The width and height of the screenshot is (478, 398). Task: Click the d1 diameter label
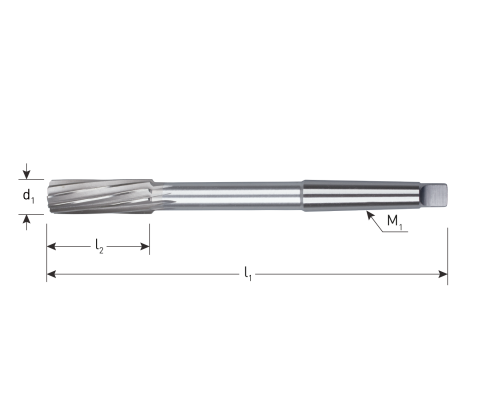click(28, 196)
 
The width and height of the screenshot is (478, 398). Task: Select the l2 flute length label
click(99, 247)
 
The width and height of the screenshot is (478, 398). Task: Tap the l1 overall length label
click(248, 274)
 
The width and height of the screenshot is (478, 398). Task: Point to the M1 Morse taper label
click(395, 221)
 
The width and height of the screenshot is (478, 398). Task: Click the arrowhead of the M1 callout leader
click(369, 214)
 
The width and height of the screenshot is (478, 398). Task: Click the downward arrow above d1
click(27, 171)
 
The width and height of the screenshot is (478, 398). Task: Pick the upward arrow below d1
click(27, 222)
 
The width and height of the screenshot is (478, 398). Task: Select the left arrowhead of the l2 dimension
click(51, 247)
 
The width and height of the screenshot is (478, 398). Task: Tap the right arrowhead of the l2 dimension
click(145, 247)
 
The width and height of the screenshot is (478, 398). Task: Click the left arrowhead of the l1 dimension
click(51, 274)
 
